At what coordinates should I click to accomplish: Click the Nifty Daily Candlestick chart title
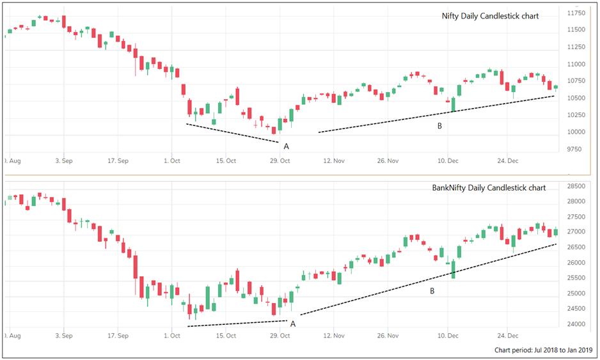[490, 16]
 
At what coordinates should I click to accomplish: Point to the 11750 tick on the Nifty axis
[577, 13]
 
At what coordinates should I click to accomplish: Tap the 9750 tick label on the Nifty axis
[576, 150]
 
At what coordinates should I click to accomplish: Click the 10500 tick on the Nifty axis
[577, 98]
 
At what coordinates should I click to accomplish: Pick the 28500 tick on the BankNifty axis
[577, 186]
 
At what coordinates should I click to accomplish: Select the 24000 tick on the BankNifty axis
[577, 324]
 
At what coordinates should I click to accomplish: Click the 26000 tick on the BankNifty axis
[577, 263]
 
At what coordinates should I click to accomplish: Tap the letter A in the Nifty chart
[286, 146]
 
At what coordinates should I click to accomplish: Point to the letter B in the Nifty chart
[439, 126]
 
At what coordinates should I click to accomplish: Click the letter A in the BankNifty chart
[293, 324]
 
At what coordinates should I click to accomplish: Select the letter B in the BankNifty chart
[432, 292]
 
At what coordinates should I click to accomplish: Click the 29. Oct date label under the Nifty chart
[280, 161]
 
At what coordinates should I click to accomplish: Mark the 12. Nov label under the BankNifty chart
[335, 334]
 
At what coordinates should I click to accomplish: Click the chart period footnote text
[543, 350]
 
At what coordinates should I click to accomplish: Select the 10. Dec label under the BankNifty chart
[447, 334]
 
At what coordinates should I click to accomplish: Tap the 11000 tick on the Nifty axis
[577, 64]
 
